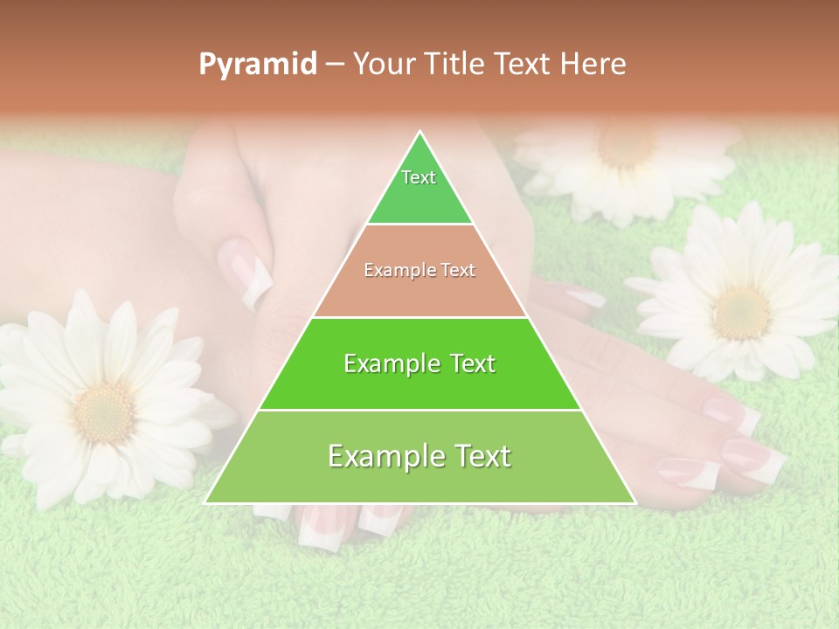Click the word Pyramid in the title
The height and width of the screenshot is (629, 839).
[x=257, y=65]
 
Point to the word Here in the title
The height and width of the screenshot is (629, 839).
[x=594, y=65]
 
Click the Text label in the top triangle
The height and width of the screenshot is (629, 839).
[x=419, y=177]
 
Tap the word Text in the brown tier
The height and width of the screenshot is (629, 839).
[x=457, y=271]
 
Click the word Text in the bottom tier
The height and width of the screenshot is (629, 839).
[x=482, y=456]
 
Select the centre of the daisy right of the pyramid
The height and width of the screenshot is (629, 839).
[x=741, y=311]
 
